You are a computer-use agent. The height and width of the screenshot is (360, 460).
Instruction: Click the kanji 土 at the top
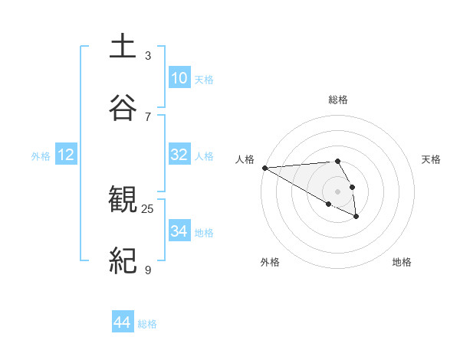pyautogui.click(x=123, y=47)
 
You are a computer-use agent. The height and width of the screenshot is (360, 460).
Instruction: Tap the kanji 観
pyautogui.click(x=123, y=200)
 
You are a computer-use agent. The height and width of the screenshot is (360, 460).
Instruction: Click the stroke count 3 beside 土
pyautogui.click(x=148, y=56)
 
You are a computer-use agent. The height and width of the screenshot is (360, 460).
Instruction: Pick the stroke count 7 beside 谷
pyautogui.click(x=148, y=116)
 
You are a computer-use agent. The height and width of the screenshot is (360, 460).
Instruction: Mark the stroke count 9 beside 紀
pyautogui.click(x=148, y=270)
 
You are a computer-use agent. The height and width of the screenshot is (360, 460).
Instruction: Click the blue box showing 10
pyautogui.click(x=179, y=78)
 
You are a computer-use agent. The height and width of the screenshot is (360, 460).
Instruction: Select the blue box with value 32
pyautogui.click(x=179, y=155)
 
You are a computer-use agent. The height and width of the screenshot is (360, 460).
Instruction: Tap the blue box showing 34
pyautogui.click(x=179, y=231)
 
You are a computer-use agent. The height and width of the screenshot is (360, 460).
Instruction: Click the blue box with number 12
pyautogui.click(x=66, y=155)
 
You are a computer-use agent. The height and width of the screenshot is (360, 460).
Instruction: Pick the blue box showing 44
pyautogui.click(x=123, y=322)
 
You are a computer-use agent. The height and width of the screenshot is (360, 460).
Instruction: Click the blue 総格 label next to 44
pyautogui.click(x=148, y=324)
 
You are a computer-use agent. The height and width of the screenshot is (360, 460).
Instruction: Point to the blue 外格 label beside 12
pyautogui.click(x=41, y=156)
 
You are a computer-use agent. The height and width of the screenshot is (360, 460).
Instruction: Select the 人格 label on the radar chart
pyautogui.click(x=245, y=159)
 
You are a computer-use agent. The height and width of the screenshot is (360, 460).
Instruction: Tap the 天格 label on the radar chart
pyautogui.click(x=431, y=159)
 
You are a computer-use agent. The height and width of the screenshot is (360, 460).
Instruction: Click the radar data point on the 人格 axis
pyautogui.click(x=264, y=168)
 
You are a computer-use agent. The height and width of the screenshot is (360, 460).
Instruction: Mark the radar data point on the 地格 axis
pyautogui.click(x=356, y=217)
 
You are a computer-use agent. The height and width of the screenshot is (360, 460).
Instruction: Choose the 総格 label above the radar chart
pyautogui.click(x=338, y=100)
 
